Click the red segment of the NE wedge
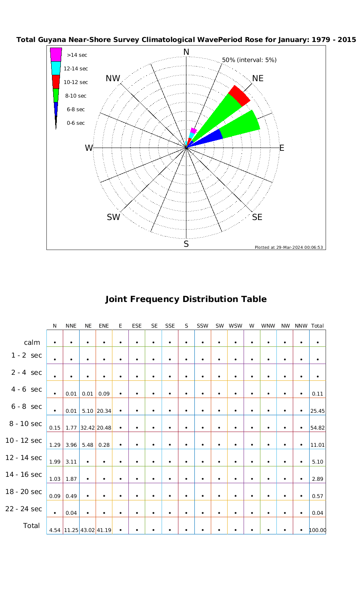tap(239, 96)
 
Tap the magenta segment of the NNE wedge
tap(194, 130)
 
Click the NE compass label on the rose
tap(258, 78)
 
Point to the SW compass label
tap(114, 217)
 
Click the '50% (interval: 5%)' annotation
tap(249, 60)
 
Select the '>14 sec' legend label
tap(77, 55)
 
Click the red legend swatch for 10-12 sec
tap(56, 82)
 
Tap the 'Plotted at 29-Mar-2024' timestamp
tap(289, 247)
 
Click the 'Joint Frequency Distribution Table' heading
tap(186, 299)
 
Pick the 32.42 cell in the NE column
tap(88, 428)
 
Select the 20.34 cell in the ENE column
tap(104, 411)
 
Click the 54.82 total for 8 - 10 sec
tap(318, 428)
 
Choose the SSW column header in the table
tap(203, 326)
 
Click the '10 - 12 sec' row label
tap(24, 440)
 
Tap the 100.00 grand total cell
tap(318, 530)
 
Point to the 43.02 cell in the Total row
tap(88, 530)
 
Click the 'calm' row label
tap(32, 342)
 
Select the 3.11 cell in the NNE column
tap(71, 462)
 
